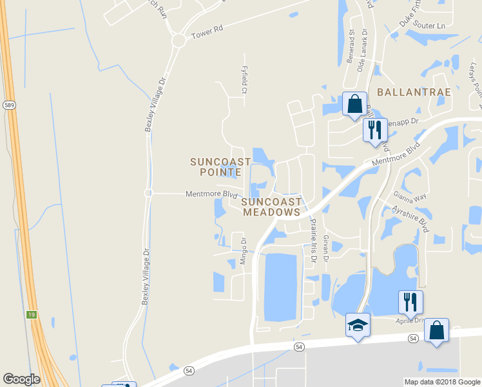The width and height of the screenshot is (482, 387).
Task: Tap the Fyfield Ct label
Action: (244, 80)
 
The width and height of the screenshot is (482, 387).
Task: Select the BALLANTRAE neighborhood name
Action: (414, 92)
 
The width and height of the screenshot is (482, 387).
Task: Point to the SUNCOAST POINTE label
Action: (216, 166)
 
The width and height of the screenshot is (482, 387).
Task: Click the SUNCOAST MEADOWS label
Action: (271, 206)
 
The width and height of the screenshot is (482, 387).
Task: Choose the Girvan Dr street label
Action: (326, 248)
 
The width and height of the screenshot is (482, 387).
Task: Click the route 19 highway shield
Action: (31, 314)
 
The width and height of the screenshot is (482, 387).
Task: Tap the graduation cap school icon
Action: (358, 324)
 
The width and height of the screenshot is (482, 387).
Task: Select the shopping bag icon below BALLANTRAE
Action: (354, 103)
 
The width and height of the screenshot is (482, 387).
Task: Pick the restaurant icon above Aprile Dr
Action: (410, 301)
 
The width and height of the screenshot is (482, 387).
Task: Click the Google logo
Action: (21, 379)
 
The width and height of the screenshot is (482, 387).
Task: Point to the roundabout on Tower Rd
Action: (178, 41)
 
